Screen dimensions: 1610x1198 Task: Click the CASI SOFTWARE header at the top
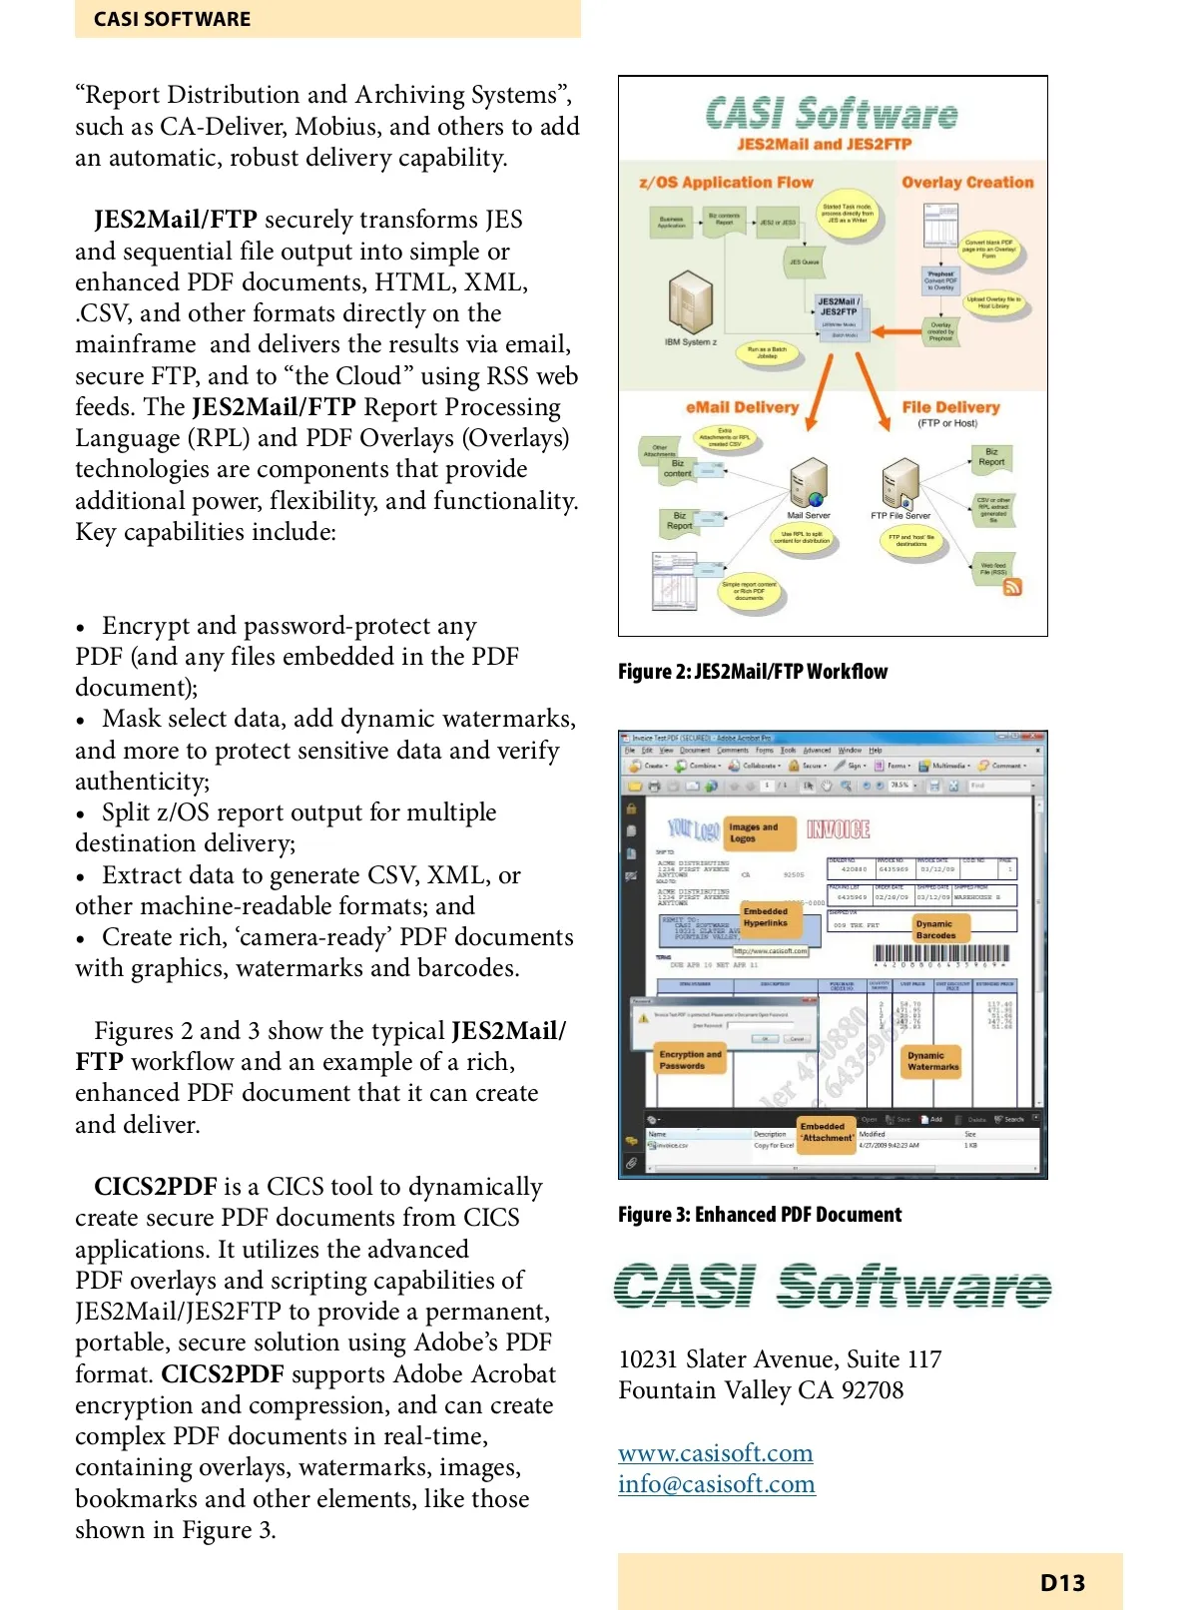tap(172, 19)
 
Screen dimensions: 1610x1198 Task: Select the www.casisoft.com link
tap(715, 1452)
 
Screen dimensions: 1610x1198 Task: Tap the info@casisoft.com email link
tap(716, 1484)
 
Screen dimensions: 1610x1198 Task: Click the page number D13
tap(1062, 1582)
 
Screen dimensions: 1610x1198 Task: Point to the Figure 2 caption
tap(752, 672)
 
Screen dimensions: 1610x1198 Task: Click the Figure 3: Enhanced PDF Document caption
tap(759, 1215)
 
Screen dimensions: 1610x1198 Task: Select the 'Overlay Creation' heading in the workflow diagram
tap(966, 183)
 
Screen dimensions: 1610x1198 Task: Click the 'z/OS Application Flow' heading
tap(726, 183)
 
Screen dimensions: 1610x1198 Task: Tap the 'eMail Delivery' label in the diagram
tap(742, 407)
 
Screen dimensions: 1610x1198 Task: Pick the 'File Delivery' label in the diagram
tap(950, 407)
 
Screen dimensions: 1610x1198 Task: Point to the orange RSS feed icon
tap(1012, 587)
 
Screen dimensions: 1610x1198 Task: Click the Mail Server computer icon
tap(808, 484)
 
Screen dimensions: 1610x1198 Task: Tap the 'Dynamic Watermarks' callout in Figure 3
tap(932, 1061)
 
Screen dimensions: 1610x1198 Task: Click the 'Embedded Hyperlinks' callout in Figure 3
tap(766, 917)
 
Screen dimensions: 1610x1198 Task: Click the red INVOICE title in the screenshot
tap(838, 829)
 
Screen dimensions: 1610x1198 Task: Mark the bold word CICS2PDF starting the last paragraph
tap(155, 1187)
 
